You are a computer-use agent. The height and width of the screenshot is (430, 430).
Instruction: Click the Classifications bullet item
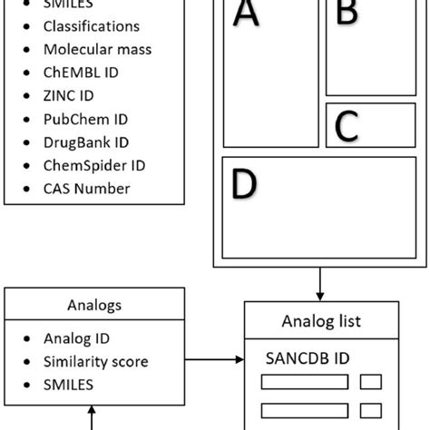pyautogui.click(x=92, y=26)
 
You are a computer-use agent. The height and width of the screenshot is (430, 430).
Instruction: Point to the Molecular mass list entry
pyautogui.click(x=98, y=49)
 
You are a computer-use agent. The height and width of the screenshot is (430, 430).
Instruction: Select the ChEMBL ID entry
pyautogui.click(x=80, y=72)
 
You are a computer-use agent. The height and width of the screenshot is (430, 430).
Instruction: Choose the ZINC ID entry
pyautogui.click(x=69, y=95)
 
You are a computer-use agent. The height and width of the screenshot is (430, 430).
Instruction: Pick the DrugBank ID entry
pyautogui.click(x=86, y=142)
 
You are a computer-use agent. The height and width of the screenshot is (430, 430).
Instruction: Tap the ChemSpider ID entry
pyautogui.click(x=94, y=165)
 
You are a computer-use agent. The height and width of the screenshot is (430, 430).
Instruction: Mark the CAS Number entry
pyautogui.click(x=87, y=189)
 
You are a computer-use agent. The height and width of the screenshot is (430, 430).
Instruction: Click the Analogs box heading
pyautogui.click(x=93, y=306)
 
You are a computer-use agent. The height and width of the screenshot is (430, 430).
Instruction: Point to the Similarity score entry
pyautogui.click(x=96, y=361)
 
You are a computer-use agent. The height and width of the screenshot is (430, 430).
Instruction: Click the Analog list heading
pyautogui.click(x=321, y=321)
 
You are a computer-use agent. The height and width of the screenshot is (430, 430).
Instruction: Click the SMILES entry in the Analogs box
pyautogui.click(x=69, y=384)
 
